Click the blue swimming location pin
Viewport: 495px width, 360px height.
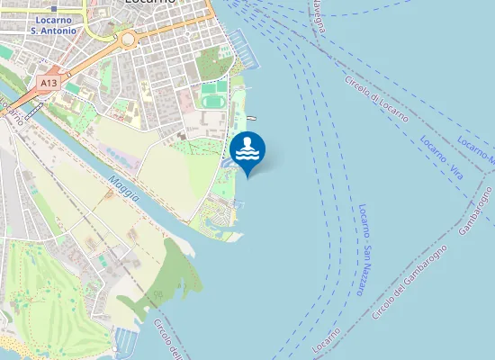coord(247,150)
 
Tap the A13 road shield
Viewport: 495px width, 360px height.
coord(49,82)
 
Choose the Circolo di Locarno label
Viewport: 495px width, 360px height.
coord(376,99)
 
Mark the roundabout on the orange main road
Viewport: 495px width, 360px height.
coord(127,39)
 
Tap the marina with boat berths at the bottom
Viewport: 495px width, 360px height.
coord(125,341)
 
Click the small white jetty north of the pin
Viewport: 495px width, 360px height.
coord(251,118)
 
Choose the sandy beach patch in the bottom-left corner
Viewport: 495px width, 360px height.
coord(13,346)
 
